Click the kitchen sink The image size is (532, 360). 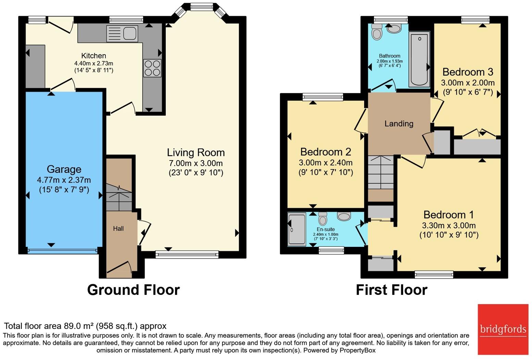pyautogui.click(x=123, y=34)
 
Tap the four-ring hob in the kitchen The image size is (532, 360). pyautogui.click(x=152, y=68)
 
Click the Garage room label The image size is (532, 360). pyautogui.click(x=64, y=169)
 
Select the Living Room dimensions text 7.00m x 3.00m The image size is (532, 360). pyautogui.click(x=196, y=163)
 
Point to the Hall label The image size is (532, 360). pyautogui.click(x=118, y=228)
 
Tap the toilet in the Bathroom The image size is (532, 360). pyautogui.click(x=377, y=31)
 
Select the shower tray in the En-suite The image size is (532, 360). pyautogui.click(x=297, y=229)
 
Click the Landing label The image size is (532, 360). pyautogui.click(x=399, y=123)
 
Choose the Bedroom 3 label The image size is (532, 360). pyautogui.click(x=468, y=72)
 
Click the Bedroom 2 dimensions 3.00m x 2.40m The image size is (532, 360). pyautogui.click(x=325, y=163)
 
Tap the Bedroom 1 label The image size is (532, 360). pyautogui.click(x=448, y=215)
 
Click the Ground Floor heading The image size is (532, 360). pyautogui.click(x=133, y=290)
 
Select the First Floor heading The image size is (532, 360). pyautogui.click(x=391, y=290)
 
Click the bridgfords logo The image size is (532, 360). pyautogui.click(x=503, y=329)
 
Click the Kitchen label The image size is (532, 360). pyautogui.click(x=94, y=56)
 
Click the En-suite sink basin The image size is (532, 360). pyautogui.click(x=344, y=216)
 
